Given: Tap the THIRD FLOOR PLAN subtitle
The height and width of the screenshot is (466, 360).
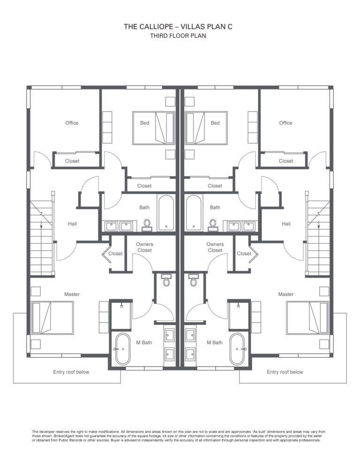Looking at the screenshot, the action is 178,36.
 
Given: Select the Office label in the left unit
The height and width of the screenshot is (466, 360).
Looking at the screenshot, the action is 72,123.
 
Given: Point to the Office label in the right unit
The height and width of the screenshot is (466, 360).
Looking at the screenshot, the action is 285,123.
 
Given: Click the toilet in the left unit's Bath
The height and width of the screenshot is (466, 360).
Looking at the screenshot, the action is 147,225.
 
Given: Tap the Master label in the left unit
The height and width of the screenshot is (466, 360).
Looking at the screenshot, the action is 72,294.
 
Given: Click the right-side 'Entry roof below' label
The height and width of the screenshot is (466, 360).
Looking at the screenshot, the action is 285,372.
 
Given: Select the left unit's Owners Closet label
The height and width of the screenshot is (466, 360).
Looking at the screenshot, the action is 144,247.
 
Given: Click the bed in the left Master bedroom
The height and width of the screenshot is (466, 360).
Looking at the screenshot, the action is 52,318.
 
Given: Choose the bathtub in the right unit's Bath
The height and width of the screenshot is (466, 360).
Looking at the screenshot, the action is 194,212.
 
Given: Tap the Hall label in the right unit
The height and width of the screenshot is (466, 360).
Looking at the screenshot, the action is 286,224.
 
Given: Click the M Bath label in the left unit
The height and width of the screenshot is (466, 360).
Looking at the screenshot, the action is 144,342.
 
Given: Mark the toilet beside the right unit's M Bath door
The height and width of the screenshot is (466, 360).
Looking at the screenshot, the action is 194,280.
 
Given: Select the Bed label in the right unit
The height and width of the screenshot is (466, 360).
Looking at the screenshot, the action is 215,123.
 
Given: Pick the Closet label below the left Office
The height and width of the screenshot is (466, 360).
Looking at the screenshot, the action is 72,161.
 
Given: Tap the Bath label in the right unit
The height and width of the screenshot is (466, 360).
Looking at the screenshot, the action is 215,207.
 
